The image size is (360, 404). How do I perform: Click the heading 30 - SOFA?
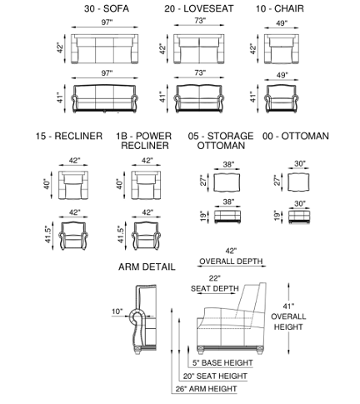pos(107,8)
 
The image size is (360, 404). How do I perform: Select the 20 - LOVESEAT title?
pos(199,8)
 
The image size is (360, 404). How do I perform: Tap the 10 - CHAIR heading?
pos(280,8)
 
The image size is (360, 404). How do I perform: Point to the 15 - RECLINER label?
pos(69,136)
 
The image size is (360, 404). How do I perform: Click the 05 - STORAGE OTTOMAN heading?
pos(221,141)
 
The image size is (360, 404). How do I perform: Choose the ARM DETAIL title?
pos(147,267)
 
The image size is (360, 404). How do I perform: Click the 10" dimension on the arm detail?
pos(117,312)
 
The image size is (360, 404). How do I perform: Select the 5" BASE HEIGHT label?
pos(222,362)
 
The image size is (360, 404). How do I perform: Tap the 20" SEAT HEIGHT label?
pos(215,376)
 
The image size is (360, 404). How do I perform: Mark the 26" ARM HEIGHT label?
pos(206,389)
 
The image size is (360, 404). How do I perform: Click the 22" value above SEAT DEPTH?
pos(214,278)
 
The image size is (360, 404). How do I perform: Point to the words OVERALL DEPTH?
pos(231,262)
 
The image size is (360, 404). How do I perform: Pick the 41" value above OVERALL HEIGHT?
pos(288,307)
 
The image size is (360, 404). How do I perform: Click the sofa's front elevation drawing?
pos(104,99)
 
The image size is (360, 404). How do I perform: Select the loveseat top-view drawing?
pos(199,49)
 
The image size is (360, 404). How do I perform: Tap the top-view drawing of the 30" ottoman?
pos(298,182)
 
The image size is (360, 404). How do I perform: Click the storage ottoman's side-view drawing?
pos(227,217)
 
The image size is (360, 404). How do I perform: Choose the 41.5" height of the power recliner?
pos(121,235)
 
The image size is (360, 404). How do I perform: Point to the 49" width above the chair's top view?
pos(282,23)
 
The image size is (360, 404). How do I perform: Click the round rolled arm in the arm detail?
pos(137,316)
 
